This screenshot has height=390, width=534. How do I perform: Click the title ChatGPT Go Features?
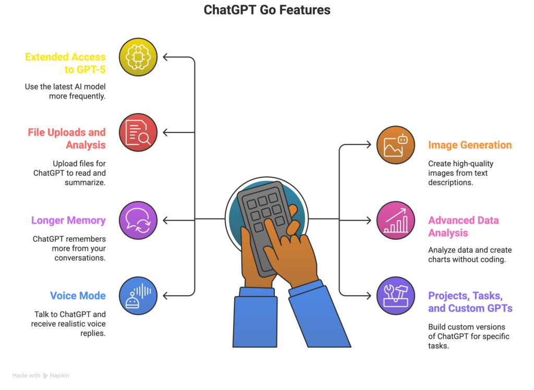(x=266, y=10)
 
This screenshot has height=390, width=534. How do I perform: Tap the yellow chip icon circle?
(x=138, y=57)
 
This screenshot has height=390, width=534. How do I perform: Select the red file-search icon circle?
(x=138, y=132)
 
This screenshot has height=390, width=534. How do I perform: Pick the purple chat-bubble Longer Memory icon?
(x=138, y=221)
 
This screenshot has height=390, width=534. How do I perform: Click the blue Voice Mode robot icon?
(x=138, y=296)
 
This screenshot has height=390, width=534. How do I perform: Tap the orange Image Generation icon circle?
(x=396, y=145)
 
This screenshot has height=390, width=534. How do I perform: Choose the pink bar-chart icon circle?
(x=396, y=221)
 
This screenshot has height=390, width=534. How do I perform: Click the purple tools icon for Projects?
(x=396, y=296)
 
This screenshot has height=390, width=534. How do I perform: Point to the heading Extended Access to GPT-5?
(x=66, y=63)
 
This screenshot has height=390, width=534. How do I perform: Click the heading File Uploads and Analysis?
(x=67, y=138)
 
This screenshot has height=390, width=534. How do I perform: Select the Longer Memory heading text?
(x=68, y=221)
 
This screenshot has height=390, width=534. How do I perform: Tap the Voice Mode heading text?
(x=78, y=296)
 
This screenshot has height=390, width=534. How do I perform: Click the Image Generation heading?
(x=470, y=145)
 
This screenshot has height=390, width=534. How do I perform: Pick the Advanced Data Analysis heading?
(x=459, y=226)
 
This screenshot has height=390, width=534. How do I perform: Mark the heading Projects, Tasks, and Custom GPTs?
(x=470, y=301)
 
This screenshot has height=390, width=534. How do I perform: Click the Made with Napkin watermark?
(x=41, y=375)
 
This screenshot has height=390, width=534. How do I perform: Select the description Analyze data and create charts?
(x=467, y=254)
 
